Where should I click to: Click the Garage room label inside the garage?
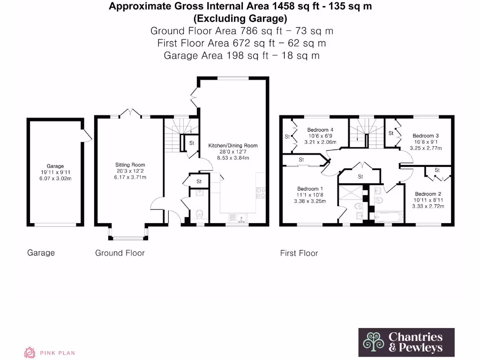pos(55,166)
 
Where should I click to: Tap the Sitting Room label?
pos(130,165)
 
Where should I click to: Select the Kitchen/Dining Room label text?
pos(232,145)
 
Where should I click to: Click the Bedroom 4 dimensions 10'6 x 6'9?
pos(321,136)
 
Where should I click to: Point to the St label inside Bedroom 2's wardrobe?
pos(437,170)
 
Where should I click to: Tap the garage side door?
pos(86,136)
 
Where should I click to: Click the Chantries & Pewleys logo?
pos(406,342)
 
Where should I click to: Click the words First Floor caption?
pos(299,253)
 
